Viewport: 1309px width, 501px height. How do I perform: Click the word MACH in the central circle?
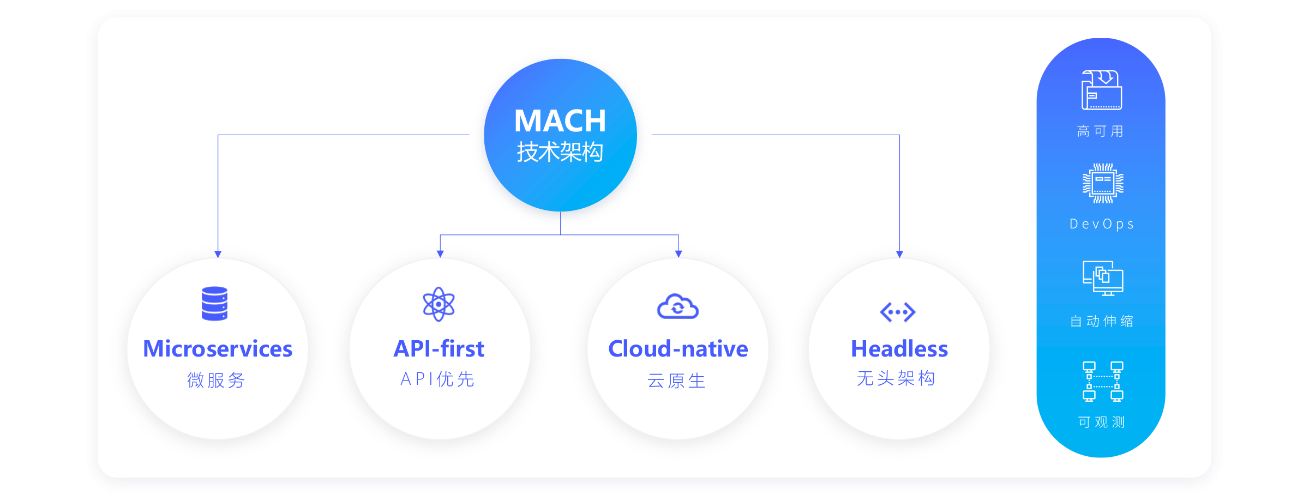pyautogui.click(x=560, y=120)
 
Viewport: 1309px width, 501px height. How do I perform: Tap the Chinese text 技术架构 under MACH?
pyautogui.click(x=560, y=152)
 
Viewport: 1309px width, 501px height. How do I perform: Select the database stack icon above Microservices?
pyautogui.click(x=214, y=304)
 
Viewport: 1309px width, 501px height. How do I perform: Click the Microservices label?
pyautogui.click(x=218, y=349)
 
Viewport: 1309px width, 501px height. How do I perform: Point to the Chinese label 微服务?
pyautogui.click(x=217, y=380)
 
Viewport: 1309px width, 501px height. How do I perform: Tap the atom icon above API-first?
pyautogui.click(x=439, y=304)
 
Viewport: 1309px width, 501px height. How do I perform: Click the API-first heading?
pyautogui.click(x=439, y=349)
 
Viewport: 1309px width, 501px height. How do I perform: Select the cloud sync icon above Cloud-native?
pyautogui.click(x=678, y=307)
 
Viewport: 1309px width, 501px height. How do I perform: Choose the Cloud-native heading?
pyautogui.click(x=678, y=349)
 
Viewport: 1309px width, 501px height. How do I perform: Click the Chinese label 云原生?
pyautogui.click(x=677, y=381)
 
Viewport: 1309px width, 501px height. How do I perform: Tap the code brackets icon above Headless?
pyautogui.click(x=898, y=312)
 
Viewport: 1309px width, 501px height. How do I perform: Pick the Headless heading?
pyautogui.click(x=899, y=349)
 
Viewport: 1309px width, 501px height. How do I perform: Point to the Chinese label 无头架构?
pyautogui.click(x=896, y=378)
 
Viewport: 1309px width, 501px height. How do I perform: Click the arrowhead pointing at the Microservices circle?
pyautogui.click(x=218, y=255)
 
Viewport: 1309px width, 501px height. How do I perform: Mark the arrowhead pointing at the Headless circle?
pyautogui.click(x=899, y=255)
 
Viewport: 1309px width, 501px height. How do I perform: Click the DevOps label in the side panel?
pyautogui.click(x=1102, y=224)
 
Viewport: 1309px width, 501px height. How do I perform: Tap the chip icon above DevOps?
pyautogui.click(x=1103, y=183)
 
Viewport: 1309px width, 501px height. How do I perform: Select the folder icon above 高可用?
pyautogui.click(x=1102, y=90)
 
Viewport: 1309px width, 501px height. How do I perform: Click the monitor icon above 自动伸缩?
pyautogui.click(x=1103, y=278)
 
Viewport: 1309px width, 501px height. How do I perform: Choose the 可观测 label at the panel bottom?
pyautogui.click(x=1102, y=422)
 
